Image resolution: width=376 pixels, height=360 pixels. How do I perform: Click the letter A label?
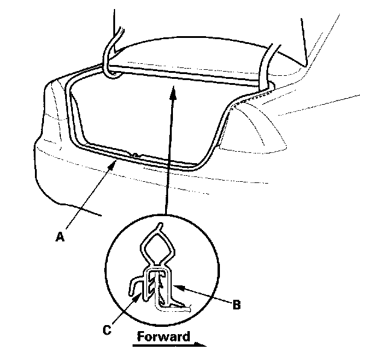59,237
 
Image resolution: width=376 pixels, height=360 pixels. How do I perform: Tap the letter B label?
237,305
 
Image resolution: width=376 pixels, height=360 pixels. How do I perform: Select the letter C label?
106,329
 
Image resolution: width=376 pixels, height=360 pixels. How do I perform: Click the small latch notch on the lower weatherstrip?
136,153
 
